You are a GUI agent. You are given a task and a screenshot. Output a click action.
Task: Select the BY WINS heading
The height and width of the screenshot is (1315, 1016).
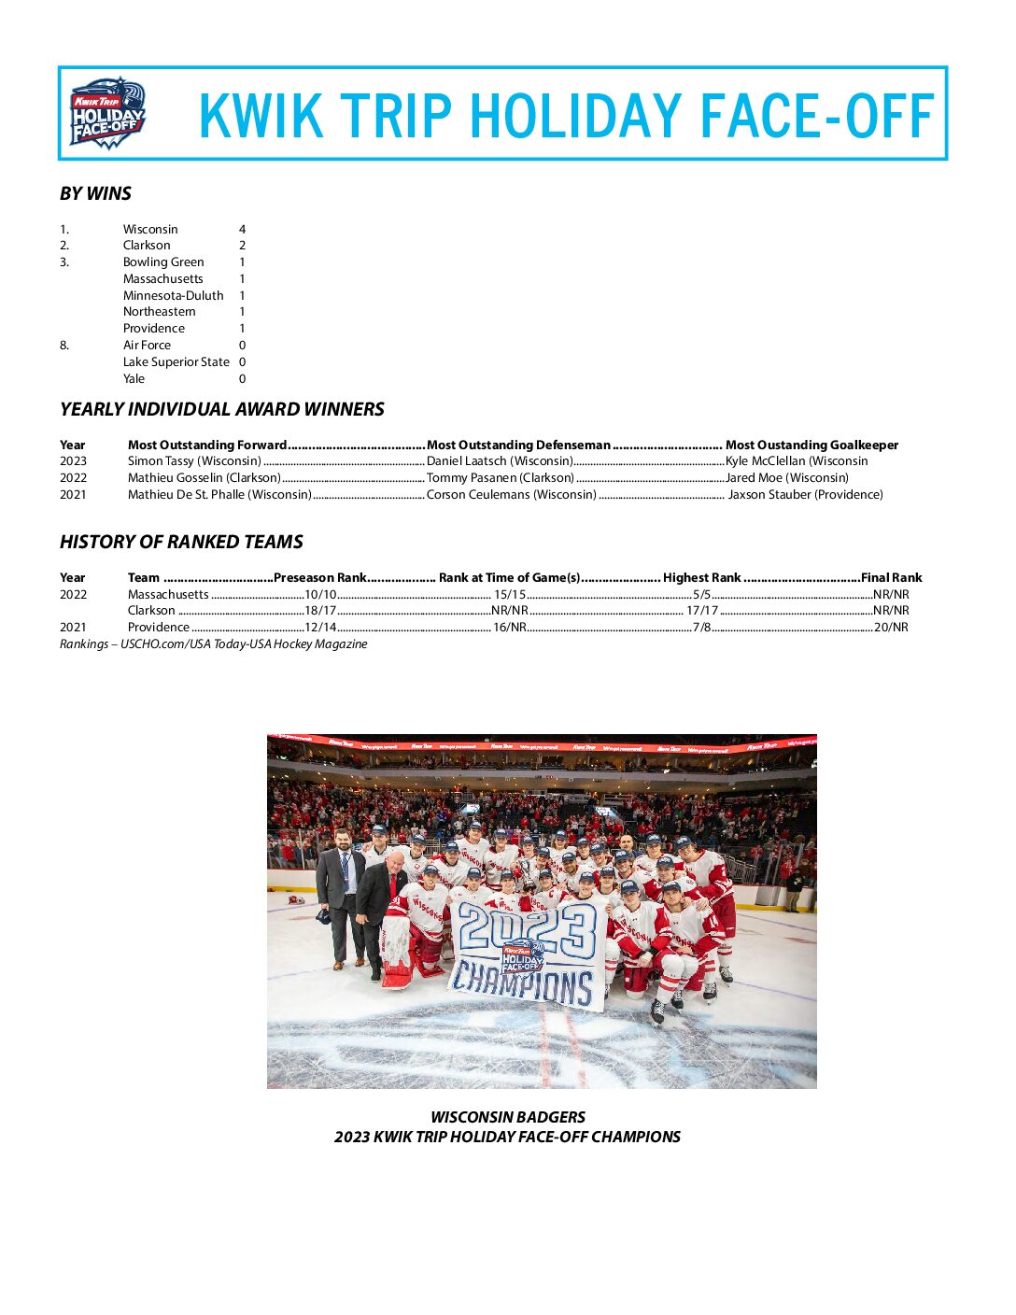point(95,194)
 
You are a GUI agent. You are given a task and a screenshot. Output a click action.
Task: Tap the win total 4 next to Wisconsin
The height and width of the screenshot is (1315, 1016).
point(242,230)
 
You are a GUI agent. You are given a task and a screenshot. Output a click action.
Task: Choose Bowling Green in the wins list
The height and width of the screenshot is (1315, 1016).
point(163,262)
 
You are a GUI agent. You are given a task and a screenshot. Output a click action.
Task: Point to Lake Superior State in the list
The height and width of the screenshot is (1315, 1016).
point(176,362)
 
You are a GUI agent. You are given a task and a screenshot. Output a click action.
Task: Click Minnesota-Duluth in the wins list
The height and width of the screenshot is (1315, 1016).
point(173,296)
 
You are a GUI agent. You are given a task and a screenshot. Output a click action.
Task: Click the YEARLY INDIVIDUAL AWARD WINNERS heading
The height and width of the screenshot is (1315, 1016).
point(221,410)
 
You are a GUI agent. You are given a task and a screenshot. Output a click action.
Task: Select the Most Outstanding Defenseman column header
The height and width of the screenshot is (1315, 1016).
point(518,445)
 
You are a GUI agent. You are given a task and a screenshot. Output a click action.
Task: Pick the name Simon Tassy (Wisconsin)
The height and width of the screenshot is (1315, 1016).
point(194,461)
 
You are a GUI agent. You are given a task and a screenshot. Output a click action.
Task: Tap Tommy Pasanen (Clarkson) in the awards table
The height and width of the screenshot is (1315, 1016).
point(500,478)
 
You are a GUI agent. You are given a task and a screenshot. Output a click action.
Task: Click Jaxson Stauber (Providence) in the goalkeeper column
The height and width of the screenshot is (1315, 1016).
point(805,495)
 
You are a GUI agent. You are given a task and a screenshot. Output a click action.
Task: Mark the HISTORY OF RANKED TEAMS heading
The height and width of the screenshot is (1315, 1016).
point(181,543)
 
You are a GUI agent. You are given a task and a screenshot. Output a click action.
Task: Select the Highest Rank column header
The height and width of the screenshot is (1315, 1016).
point(701,578)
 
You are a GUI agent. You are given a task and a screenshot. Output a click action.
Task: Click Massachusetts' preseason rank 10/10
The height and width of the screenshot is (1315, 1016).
point(320,595)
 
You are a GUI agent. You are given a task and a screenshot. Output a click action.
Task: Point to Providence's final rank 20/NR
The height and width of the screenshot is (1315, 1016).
point(891,628)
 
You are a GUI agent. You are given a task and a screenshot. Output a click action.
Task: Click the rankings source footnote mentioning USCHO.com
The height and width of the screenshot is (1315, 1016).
point(213,644)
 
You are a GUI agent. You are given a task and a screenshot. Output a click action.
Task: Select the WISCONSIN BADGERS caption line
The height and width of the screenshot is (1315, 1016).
point(508,1117)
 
